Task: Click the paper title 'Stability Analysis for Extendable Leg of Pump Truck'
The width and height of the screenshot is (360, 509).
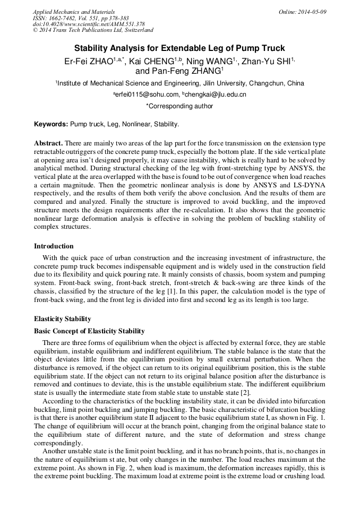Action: coord(179,48)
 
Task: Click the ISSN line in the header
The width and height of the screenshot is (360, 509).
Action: coord(81,18)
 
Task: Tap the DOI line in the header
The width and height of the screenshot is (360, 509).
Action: coord(89,24)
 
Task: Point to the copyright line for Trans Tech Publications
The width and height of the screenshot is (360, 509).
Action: coord(93,30)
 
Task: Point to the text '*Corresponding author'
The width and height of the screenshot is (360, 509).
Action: coord(179,106)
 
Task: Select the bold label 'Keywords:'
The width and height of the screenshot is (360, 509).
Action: coord(51,124)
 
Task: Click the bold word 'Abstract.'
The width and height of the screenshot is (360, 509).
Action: coord(49,144)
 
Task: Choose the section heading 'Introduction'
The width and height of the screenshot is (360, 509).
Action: coord(54,246)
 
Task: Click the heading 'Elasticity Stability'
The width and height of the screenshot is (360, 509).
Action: coord(63,319)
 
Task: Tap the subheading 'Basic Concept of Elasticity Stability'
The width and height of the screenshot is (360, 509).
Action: coord(89,331)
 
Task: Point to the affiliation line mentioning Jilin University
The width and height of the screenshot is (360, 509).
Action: coord(179,83)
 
